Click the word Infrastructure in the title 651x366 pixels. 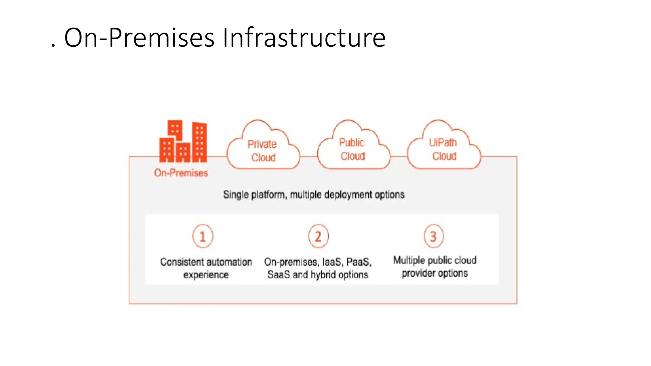tap(304, 38)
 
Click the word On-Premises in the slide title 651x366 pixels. tap(139, 38)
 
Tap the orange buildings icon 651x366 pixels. tap(183, 142)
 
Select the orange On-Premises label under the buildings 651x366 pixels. tap(181, 173)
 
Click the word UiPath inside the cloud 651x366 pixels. tap(443, 143)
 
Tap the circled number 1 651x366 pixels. tap(202, 236)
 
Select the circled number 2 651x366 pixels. tap(318, 236)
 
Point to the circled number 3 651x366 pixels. tap(433, 236)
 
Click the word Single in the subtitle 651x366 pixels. tap(236, 194)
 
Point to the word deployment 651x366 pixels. tap(348, 194)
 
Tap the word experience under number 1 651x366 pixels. tap(206, 275)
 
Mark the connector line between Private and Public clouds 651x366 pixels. tap(309, 156)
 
